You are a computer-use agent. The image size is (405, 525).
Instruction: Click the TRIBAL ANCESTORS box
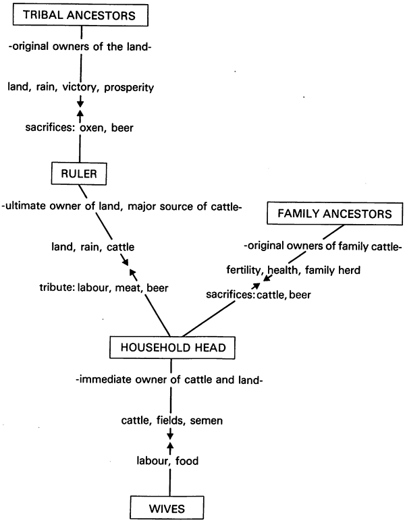coord(80,15)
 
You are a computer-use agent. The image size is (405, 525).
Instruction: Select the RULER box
coord(79,174)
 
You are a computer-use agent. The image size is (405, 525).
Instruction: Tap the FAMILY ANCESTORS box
coord(335,214)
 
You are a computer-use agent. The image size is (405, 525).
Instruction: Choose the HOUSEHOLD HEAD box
coord(173,348)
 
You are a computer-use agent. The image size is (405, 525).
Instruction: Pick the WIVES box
coord(167,508)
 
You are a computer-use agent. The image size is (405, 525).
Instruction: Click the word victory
coord(80,87)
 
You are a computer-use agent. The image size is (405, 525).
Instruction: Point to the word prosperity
coord(129,88)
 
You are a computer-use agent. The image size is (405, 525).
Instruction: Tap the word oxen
coord(92,128)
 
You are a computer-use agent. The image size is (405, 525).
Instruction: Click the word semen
coord(207,420)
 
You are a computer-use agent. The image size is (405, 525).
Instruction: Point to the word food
coord(187,461)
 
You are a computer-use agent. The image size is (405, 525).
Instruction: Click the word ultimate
coord(26,206)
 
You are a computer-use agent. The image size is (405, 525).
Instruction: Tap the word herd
coord(349,270)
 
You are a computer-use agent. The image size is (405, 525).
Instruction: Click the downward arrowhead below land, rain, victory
coord(80,102)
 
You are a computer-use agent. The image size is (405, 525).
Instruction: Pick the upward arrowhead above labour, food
coord(170,446)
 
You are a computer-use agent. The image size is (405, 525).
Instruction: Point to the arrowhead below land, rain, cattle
coord(125,262)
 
